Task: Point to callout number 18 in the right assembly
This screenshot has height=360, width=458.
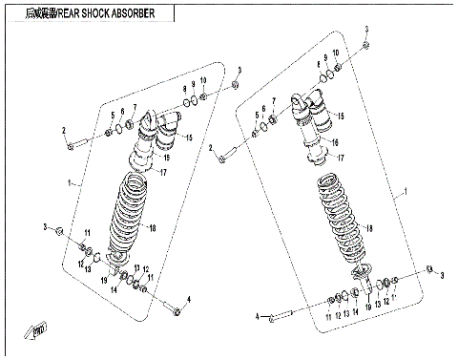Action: [x=370, y=228]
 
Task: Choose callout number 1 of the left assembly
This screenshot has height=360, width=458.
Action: [x=68, y=181]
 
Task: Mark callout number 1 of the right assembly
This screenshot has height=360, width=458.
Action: [x=405, y=192]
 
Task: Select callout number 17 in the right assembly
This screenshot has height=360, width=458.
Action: [x=341, y=159]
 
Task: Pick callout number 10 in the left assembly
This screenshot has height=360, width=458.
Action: [x=202, y=81]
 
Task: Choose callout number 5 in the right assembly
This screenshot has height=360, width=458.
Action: [x=258, y=115]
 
